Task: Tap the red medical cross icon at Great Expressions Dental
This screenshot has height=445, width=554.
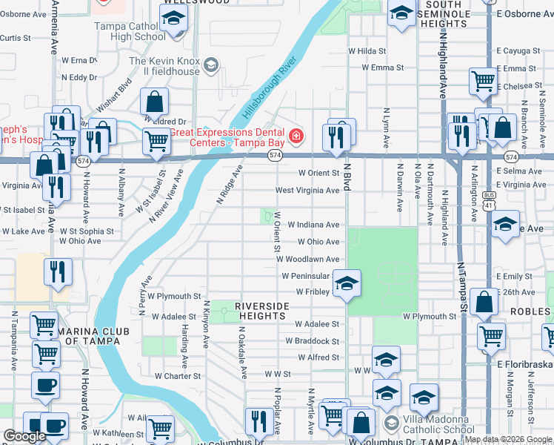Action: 296,136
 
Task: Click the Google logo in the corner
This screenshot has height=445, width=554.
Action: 24,436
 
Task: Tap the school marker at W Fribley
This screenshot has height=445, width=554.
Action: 346,283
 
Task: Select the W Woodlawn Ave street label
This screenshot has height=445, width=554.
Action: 308,259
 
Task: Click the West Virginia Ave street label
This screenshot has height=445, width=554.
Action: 307,191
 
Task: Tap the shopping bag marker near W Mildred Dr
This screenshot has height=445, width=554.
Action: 155,102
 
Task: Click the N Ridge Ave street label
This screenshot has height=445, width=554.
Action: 230,185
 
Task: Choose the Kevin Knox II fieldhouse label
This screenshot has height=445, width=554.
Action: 164,66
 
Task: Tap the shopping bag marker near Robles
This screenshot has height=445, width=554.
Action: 484,302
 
